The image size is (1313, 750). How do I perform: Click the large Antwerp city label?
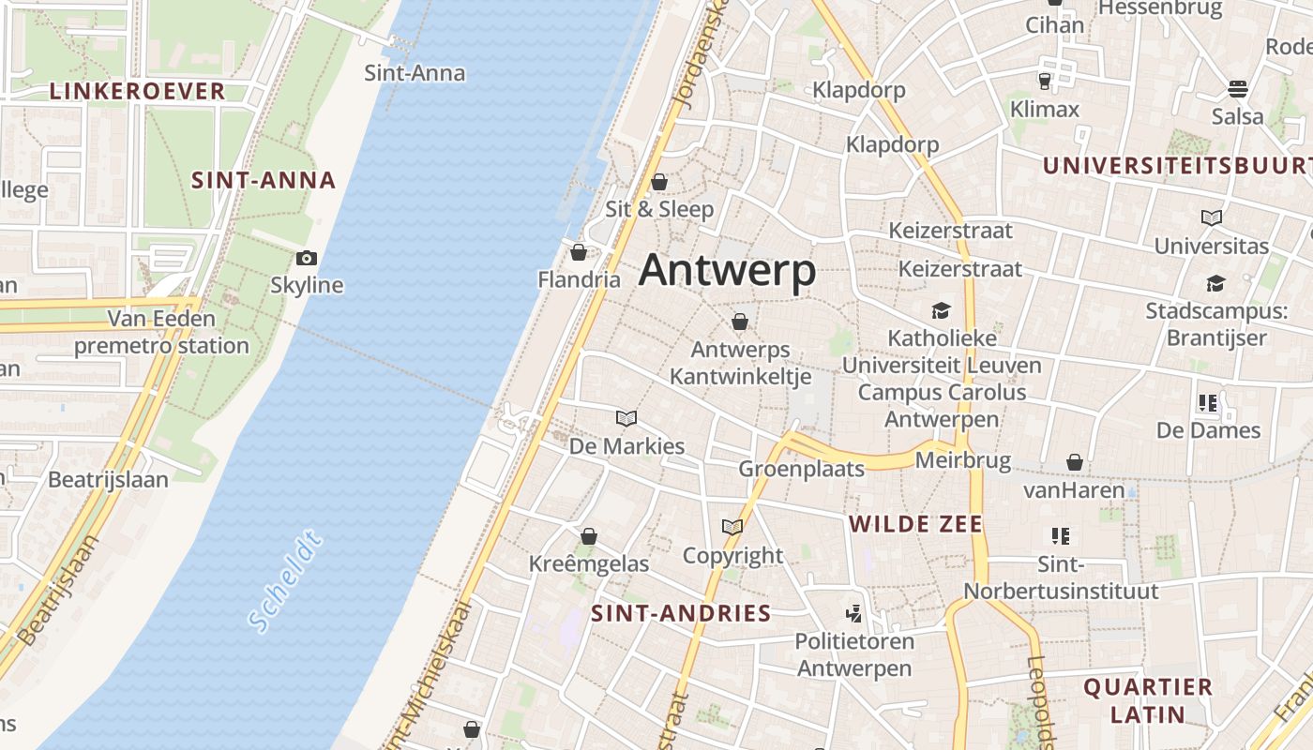coord(727,272)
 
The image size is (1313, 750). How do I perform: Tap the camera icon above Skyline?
coord(307,258)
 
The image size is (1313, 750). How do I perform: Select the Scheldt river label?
coord(286,581)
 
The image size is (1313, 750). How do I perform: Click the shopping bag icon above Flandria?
coord(579,251)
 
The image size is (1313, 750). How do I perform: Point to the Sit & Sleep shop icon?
coord(659,181)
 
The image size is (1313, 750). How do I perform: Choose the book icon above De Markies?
coord(626,418)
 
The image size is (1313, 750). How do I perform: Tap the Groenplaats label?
coord(801,469)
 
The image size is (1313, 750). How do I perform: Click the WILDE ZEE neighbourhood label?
coord(915,524)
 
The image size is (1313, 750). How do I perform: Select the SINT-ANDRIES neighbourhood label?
coord(681,614)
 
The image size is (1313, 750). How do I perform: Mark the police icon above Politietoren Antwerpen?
coord(853,614)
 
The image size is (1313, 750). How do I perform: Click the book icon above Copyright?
coord(732,528)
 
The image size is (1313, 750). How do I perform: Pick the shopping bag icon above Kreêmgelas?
coord(589,536)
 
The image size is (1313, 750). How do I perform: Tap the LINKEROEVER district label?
coord(137,91)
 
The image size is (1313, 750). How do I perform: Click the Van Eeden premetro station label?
coord(161,333)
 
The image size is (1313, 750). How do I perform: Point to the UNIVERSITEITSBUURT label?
coord(1177,166)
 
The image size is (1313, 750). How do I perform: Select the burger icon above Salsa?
coord(1238,89)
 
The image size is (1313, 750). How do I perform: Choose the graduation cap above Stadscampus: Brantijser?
coord(1215,283)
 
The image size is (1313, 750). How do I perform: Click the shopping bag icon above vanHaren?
coord(1075,462)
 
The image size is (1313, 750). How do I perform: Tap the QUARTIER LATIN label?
coord(1148,700)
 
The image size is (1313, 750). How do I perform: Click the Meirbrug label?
coord(962,460)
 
